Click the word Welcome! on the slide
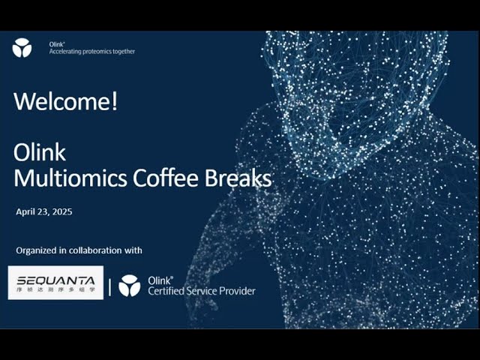pyautogui.click(x=66, y=102)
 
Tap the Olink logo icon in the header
pyautogui.click(x=22, y=48)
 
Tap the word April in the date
pyautogui.click(x=26, y=211)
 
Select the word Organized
pyautogui.click(x=36, y=250)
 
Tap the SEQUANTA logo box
pyautogui.click(x=55, y=283)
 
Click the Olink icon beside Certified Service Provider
pyautogui.click(x=129, y=286)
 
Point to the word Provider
pyautogui.click(x=237, y=291)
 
